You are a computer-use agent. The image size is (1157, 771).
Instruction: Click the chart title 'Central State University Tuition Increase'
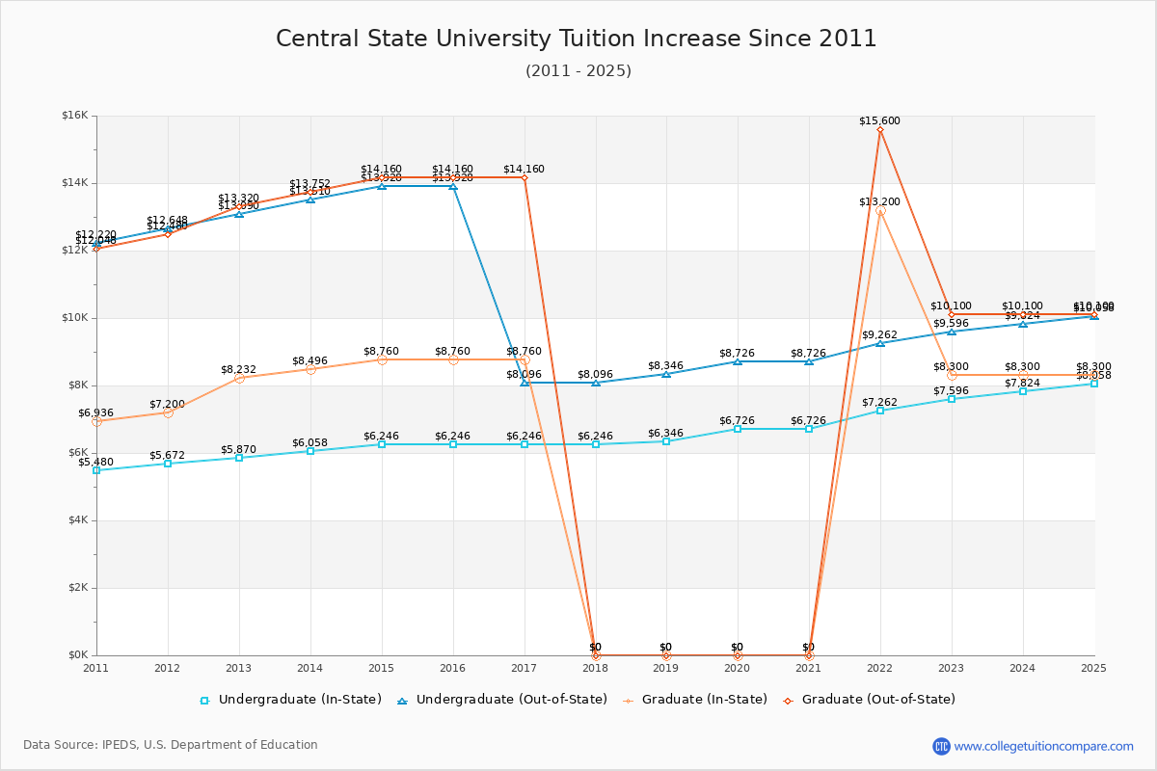[x=577, y=39]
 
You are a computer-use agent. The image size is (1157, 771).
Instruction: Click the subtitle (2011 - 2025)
[x=578, y=71]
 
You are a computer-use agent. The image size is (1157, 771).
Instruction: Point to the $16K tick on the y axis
[x=74, y=116]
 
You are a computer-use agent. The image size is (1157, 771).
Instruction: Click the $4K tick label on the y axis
[x=77, y=520]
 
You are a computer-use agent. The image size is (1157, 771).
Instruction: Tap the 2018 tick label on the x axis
[x=595, y=667]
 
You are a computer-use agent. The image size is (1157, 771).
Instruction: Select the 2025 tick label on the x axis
[x=1093, y=667]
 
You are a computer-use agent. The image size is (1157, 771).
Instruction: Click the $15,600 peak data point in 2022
[x=880, y=130]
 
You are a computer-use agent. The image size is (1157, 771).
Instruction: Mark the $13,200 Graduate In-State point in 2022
[x=880, y=211]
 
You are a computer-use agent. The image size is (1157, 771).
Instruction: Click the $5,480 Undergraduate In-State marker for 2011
[x=96, y=470]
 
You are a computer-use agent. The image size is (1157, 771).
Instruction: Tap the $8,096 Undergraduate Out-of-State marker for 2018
[x=596, y=383]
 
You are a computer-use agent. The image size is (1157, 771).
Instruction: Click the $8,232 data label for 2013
[x=238, y=369]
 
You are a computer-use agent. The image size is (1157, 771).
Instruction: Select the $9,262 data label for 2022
[x=880, y=334]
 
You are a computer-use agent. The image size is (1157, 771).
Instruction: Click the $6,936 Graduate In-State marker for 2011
[x=96, y=421]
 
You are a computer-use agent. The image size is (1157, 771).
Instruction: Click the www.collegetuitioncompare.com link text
[x=1043, y=746]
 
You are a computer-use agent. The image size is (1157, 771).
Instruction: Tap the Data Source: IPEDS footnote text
[x=171, y=745]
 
